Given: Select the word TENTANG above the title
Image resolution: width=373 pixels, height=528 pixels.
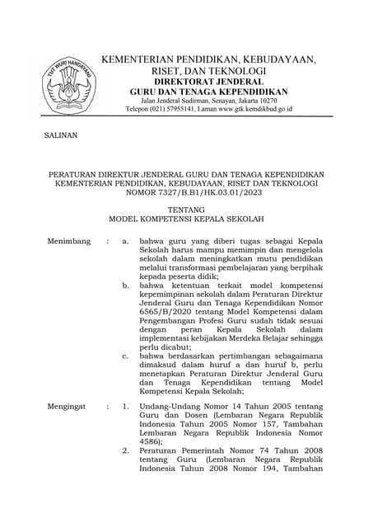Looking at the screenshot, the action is click(x=186, y=210).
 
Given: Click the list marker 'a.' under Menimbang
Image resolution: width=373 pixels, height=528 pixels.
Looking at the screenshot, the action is click(x=125, y=241).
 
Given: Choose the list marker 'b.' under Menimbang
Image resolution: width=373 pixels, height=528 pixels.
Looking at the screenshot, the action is click(x=125, y=285).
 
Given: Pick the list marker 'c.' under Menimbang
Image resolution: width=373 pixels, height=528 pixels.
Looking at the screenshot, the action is click(x=125, y=356).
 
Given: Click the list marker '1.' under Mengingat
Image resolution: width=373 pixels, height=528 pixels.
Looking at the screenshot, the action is click(x=125, y=407).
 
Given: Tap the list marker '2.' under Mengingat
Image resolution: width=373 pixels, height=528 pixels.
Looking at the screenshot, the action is click(x=125, y=452).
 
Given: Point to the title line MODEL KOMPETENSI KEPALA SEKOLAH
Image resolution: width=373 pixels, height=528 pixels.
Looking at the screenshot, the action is click(x=186, y=220).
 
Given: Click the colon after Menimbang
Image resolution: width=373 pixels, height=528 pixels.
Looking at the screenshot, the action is click(x=107, y=241).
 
